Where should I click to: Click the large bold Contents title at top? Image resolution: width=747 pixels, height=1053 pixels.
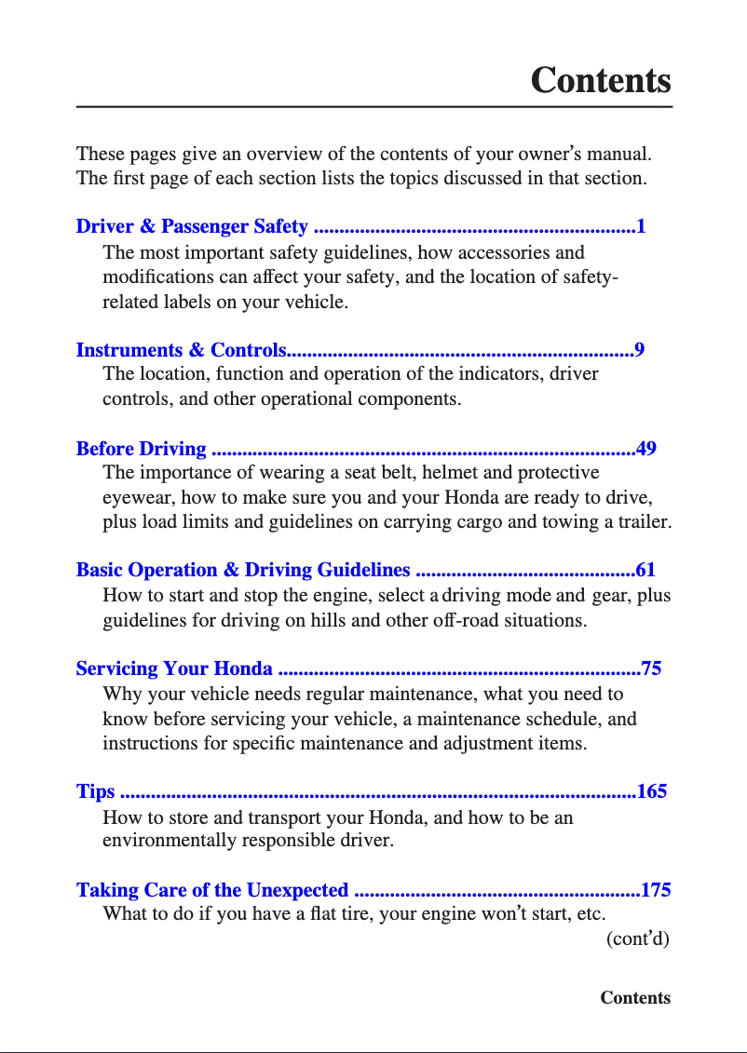coord(600,80)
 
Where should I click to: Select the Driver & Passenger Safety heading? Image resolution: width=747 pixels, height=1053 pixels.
coord(192,226)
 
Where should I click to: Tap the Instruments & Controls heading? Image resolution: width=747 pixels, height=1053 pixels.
coord(181,350)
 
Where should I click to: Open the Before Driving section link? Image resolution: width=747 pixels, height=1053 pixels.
coord(141,449)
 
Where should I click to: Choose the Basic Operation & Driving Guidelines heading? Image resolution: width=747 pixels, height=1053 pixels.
coord(242,570)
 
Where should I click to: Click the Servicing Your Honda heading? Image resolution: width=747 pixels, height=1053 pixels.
coord(174,668)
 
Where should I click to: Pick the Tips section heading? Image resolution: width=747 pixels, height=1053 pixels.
coord(95,791)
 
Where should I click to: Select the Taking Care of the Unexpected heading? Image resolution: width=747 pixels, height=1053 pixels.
coord(212,890)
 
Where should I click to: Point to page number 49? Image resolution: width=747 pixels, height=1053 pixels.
coord(646,449)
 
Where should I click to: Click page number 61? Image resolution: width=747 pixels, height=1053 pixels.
coord(646,570)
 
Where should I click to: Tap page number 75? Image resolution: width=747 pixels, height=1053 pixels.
coord(651,668)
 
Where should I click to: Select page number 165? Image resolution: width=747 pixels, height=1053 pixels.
coord(652,791)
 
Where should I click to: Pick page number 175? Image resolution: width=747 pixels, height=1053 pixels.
coord(656,890)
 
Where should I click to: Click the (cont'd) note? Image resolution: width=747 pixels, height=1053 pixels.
coord(638,938)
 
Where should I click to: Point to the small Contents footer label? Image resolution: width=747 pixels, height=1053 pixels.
coord(635,998)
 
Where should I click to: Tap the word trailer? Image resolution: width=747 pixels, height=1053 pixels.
coord(645,521)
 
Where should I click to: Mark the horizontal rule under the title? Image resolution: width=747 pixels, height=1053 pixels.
coord(373,107)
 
